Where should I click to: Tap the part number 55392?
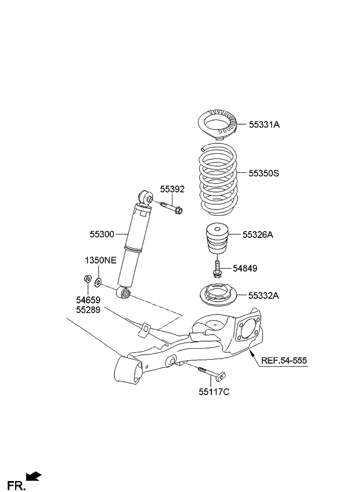pos(172,189)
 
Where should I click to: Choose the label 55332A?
pos(264,295)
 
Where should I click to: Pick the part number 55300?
pos(102,234)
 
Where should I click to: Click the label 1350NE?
pos(99,261)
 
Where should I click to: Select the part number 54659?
pos(88,301)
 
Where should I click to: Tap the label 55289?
pos(88,311)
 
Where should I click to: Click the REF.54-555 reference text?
pos(284,360)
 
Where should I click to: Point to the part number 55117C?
pos(214,392)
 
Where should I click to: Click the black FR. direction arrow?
pos(34,477)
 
